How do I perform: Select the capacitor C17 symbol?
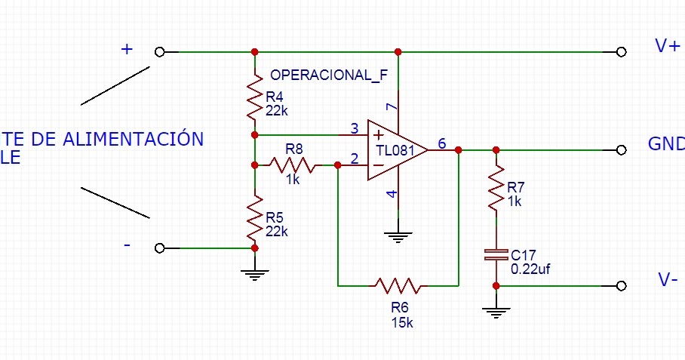[x=496, y=255]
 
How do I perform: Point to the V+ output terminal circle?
[x=621, y=52]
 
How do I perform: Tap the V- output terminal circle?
[x=621, y=286]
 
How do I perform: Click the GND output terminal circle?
[x=621, y=150]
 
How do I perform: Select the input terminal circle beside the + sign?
[x=159, y=52]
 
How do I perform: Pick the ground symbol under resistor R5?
[x=255, y=274]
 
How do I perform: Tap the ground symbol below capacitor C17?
[x=496, y=311]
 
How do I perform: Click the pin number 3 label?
[x=354, y=128]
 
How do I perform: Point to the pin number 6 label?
[x=441, y=143]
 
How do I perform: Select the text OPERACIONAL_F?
[x=328, y=75]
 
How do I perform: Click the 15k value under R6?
[x=401, y=322]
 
